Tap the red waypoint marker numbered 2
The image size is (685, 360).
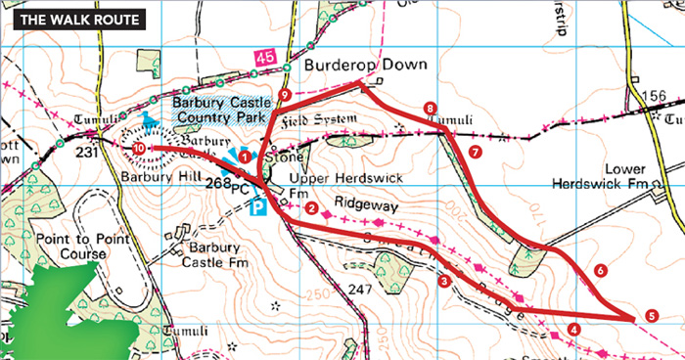[x=310, y=207]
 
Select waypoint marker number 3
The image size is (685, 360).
[x=444, y=282]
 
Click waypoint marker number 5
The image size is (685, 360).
[x=652, y=317]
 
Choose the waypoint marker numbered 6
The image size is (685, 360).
[x=600, y=270]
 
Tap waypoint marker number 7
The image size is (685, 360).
[x=475, y=153]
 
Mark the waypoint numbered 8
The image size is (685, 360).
[x=429, y=108]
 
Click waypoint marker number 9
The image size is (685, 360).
[x=284, y=94]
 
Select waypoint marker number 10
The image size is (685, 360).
[x=140, y=149]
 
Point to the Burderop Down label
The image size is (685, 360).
[x=365, y=66]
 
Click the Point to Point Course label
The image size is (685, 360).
[x=70, y=247]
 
